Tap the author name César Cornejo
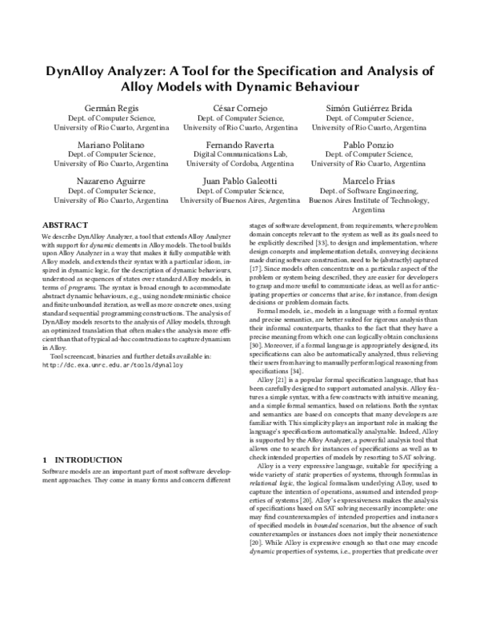pyautogui.click(x=240, y=106)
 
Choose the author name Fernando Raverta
pyautogui.click(x=240, y=144)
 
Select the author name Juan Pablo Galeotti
pyautogui.click(x=240, y=181)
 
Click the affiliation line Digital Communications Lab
pyautogui.click(x=240, y=154)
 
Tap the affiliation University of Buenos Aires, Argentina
pyautogui.click(x=240, y=201)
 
